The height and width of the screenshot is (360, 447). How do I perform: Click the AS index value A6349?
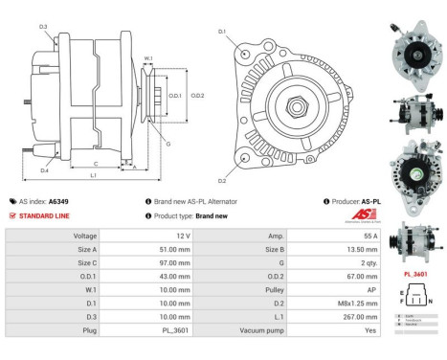coord(59,202)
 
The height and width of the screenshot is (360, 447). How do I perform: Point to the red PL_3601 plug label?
coord(414,274)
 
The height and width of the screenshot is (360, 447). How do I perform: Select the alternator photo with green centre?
coord(414,169)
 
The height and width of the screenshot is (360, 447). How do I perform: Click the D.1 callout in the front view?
coord(221,32)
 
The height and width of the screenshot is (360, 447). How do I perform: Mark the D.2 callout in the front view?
coord(221,180)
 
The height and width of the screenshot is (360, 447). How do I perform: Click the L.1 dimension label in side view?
coord(94,176)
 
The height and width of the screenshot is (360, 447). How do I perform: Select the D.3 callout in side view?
coord(43,26)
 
